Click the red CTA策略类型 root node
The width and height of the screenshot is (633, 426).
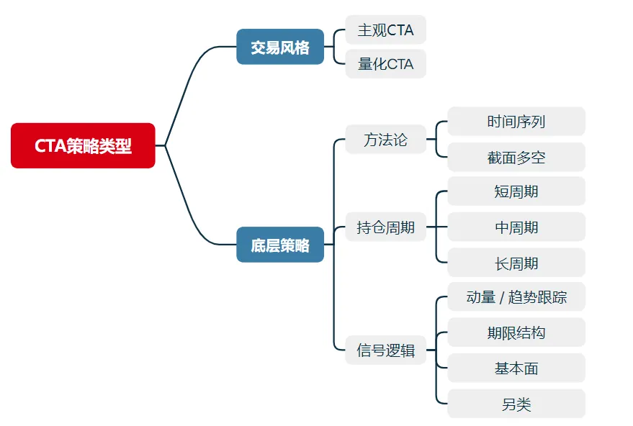(83, 145)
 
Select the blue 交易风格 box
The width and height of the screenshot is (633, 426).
(280, 47)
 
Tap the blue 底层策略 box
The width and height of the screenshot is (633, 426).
(280, 245)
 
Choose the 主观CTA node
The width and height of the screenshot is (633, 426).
(385, 30)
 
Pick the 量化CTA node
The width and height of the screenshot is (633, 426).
(385, 64)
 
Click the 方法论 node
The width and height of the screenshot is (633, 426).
(385, 140)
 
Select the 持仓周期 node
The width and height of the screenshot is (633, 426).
(385, 227)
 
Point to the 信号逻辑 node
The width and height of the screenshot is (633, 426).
(385, 350)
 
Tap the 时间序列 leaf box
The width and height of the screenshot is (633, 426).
(516, 122)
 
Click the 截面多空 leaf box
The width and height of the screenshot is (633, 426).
(516, 157)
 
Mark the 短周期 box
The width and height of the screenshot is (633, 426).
(516, 191)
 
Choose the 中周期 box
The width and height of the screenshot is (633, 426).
(516, 227)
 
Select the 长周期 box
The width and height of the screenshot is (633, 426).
(516, 263)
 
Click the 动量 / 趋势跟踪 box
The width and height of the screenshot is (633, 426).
(516, 297)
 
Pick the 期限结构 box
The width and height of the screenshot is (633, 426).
(516, 332)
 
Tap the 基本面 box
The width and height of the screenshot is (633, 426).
(516, 368)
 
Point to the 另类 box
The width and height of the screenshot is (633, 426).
(516, 404)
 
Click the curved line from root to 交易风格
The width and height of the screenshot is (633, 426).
(189, 80)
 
